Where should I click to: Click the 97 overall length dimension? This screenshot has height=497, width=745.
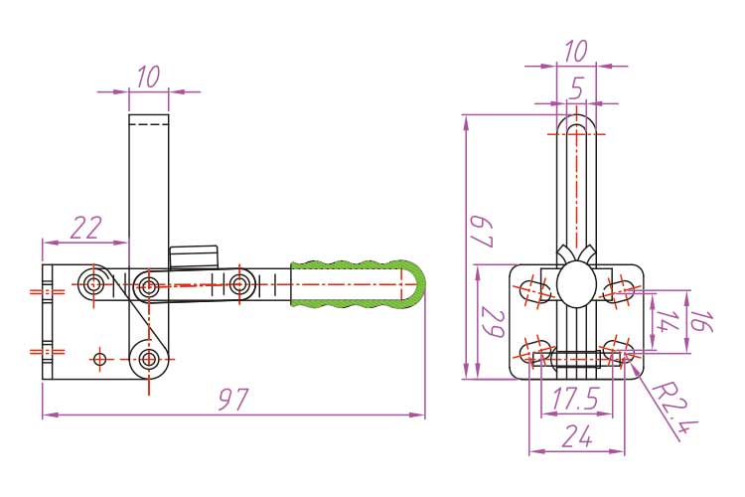pos(233,400)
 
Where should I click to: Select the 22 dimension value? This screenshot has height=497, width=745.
pos(87,228)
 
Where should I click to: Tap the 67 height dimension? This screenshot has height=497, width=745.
pos(482,232)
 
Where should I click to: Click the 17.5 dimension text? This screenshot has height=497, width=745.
pos(576,398)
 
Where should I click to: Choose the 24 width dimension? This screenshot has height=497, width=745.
pos(577,436)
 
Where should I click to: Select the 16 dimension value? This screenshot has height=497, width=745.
pos(702,321)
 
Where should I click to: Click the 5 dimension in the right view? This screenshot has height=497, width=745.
pos(577,88)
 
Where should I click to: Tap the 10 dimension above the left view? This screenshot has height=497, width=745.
pos(148,78)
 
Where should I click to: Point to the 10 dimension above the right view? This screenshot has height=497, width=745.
pos(576,51)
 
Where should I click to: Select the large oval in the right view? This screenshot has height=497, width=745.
pos(576,285)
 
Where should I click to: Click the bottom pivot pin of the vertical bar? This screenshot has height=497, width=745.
pos(149,359)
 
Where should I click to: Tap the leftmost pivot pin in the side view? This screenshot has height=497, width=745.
pos(93,284)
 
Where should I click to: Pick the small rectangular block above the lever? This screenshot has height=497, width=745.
pos(194,256)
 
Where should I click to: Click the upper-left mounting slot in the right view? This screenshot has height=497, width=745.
pos(533,289)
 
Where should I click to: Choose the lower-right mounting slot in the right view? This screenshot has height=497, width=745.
pos(618,352)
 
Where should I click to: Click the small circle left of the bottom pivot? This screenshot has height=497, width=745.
pos(99,359)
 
